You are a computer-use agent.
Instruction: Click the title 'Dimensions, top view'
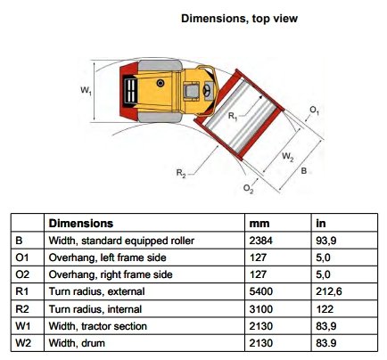[x=239, y=19]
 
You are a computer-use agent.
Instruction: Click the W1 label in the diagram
[x=86, y=90]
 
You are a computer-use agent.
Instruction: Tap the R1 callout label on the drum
[x=233, y=116]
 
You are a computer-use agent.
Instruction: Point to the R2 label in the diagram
[x=181, y=173]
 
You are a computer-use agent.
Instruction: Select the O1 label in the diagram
[x=315, y=110]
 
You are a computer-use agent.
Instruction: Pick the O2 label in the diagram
[x=249, y=189]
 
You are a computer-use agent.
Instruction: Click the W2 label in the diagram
[x=288, y=157]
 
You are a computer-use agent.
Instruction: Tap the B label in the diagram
[x=304, y=171]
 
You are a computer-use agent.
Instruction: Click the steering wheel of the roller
[x=207, y=90]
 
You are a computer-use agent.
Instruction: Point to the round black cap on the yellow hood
[x=161, y=83]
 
